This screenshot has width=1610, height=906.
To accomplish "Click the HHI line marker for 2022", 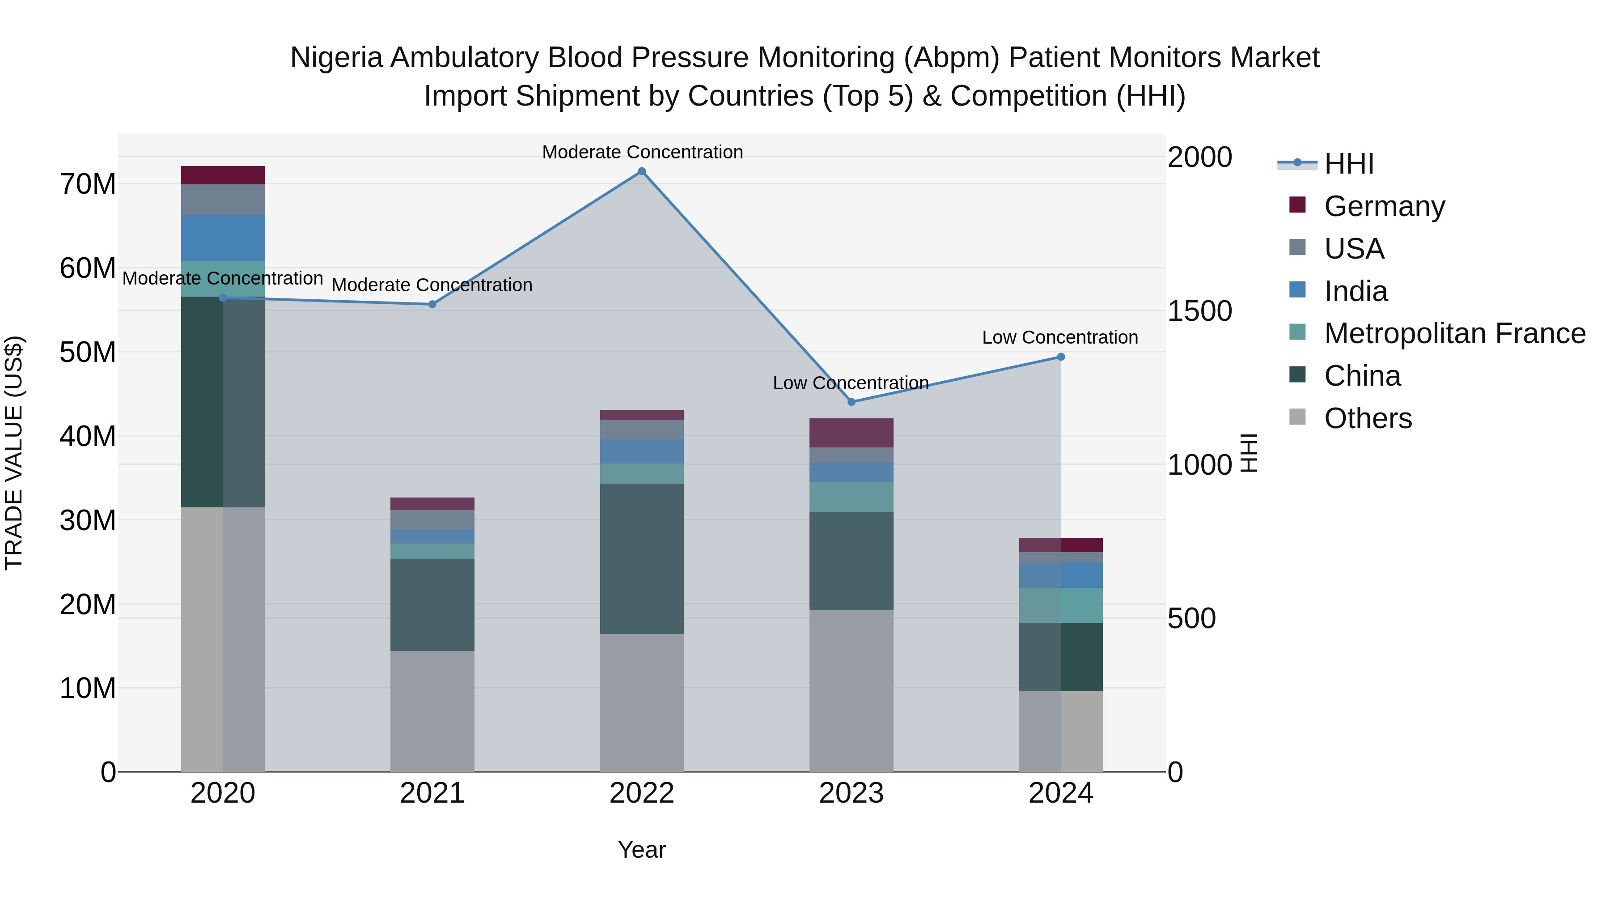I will (x=641, y=171).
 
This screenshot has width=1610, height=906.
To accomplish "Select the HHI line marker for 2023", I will (x=851, y=402).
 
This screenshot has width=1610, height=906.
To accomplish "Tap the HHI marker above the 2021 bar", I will (x=432, y=305).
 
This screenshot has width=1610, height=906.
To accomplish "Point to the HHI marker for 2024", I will (x=1061, y=357).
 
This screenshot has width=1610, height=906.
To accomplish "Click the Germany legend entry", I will (x=1384, y=206).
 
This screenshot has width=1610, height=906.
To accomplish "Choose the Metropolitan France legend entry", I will (x=1454, y=333).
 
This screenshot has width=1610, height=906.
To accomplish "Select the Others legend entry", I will (x=1368, y=418).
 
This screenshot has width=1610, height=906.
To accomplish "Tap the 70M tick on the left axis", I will (x=88, y=184).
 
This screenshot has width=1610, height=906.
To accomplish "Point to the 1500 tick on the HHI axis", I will (x=1199, y=311).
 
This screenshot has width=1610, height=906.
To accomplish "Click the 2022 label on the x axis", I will (x=641, y=793).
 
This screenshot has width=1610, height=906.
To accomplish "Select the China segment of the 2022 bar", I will (x=641, y=558).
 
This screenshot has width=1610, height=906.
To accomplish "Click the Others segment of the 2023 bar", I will (x=851, y=690).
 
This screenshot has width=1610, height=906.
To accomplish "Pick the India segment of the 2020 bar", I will (x=223, y=238).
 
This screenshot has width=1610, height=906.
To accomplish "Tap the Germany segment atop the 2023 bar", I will (x=851, y=433).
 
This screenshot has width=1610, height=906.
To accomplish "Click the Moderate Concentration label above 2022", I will (x=642, y=153).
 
